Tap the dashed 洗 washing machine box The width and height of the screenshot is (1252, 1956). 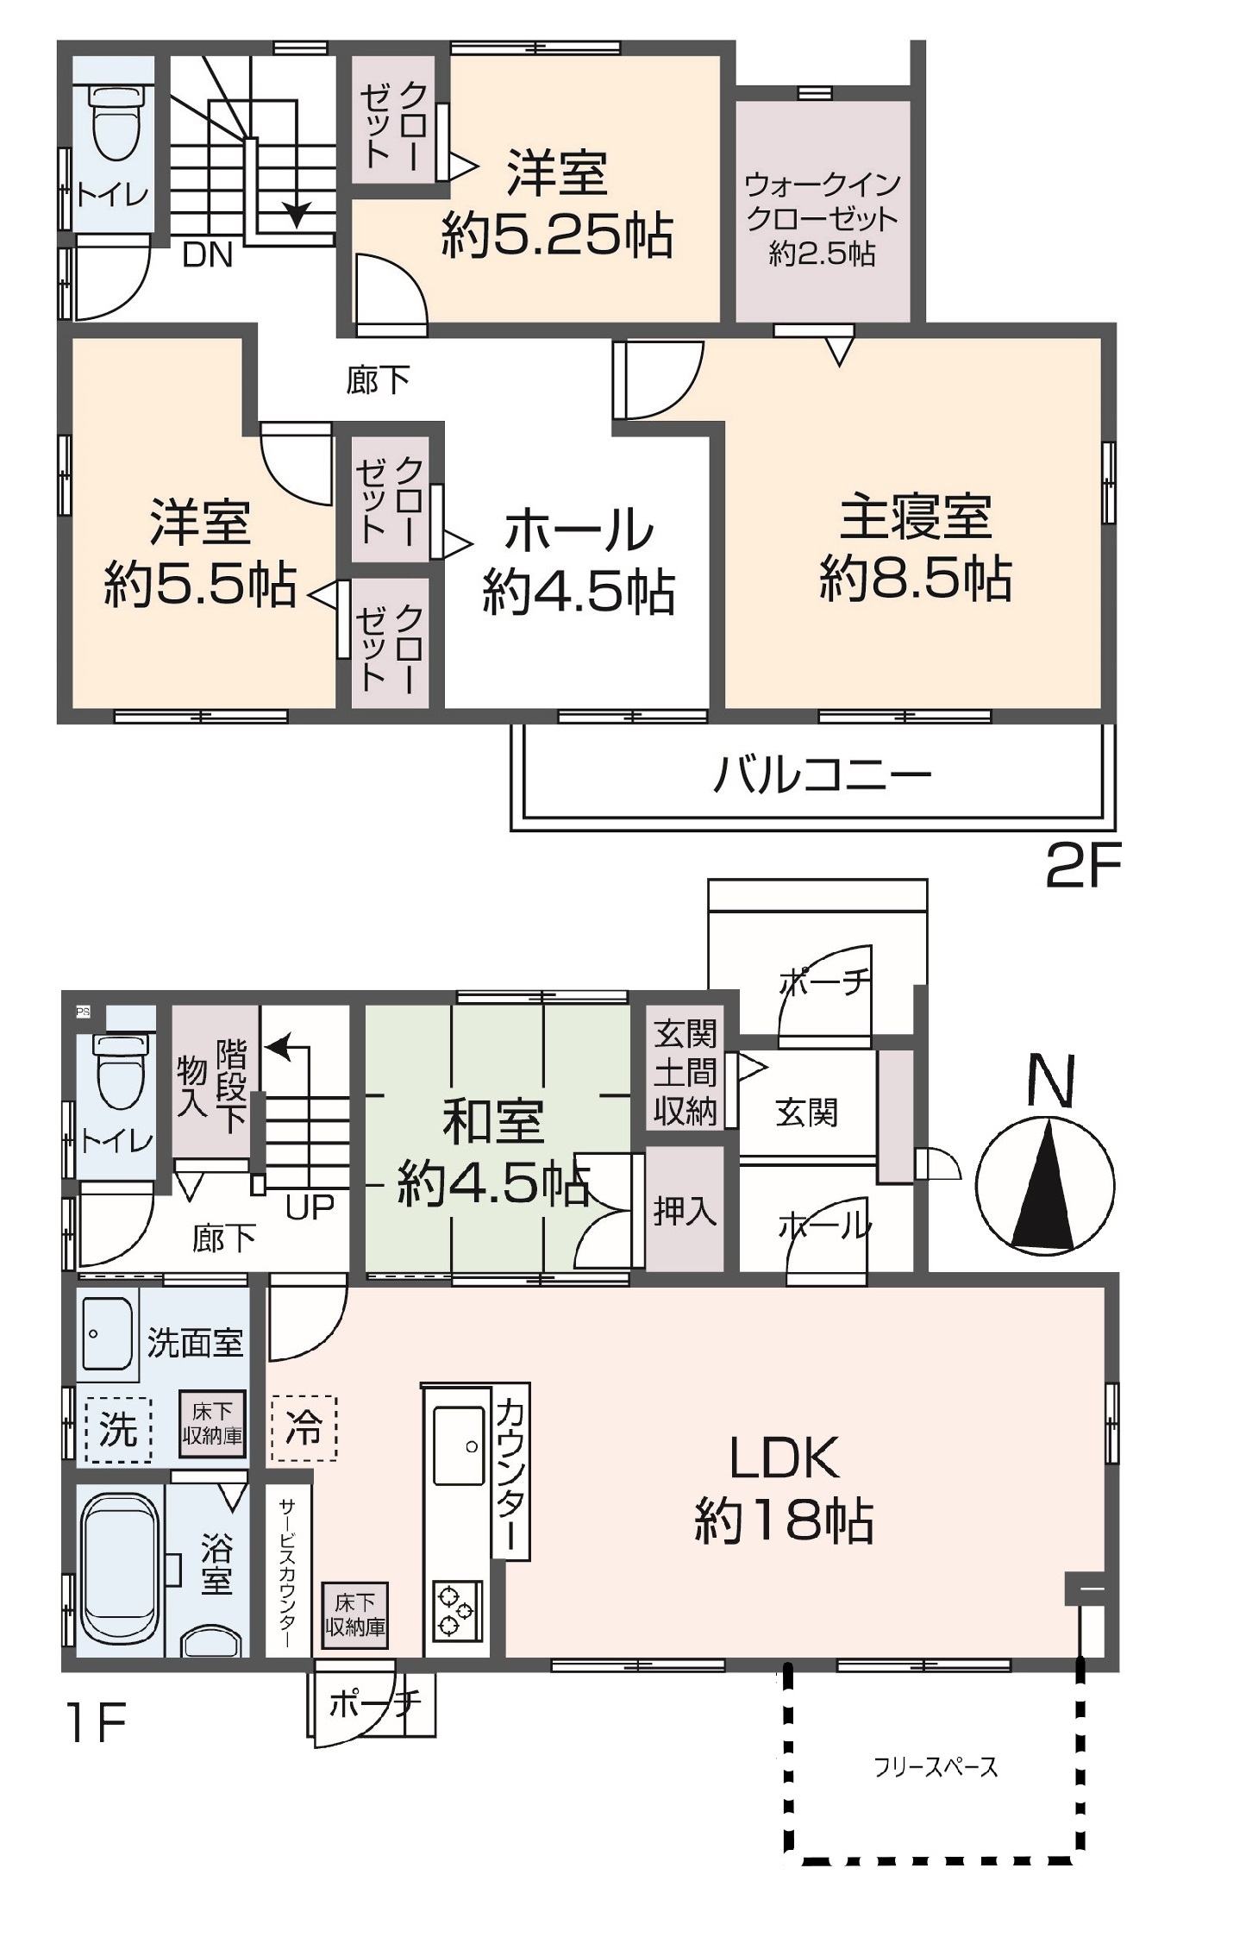click(119, 1431)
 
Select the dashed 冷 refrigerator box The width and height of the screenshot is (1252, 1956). click(304, 1428)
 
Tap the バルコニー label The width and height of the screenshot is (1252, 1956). click(823, 774)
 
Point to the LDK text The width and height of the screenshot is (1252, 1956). click(784, 1458)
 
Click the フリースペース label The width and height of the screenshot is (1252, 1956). click(936, 1767)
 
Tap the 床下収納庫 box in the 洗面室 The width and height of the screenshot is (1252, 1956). click(212, 1424)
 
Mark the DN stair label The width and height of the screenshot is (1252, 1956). click(208, 255)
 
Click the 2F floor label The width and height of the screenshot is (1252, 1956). click(1083, 866)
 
